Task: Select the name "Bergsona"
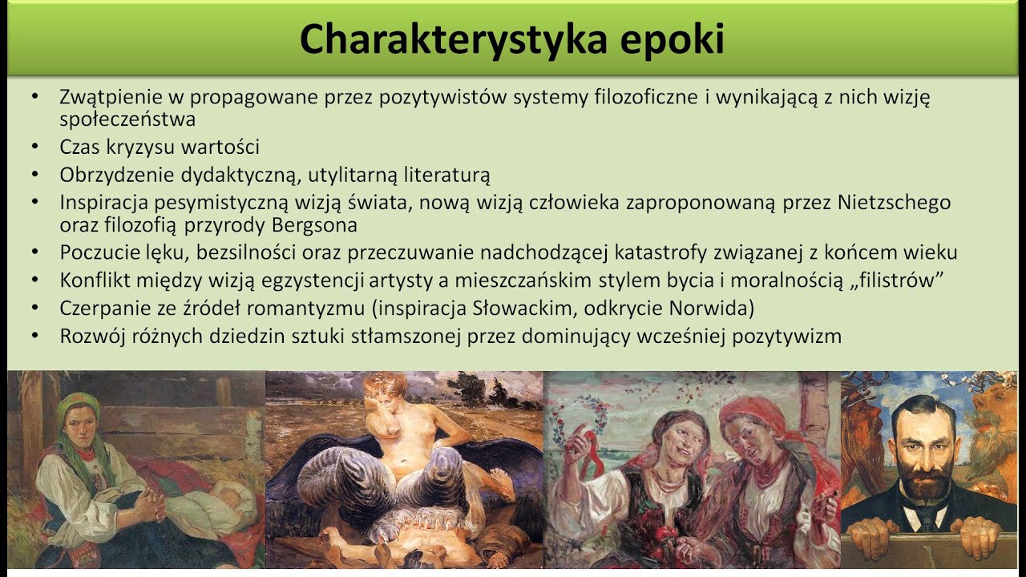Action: [313, 225]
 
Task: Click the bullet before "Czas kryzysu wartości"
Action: [34, 147]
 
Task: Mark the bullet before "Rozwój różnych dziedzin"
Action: [34, 336]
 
